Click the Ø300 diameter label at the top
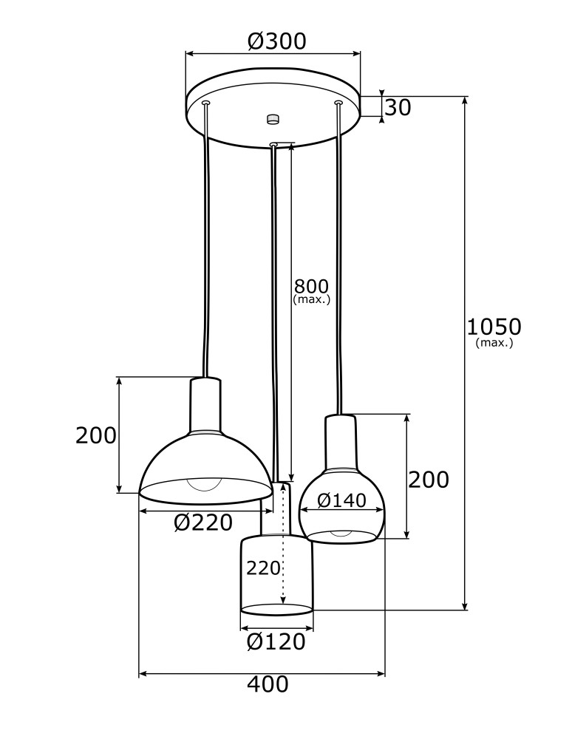click(276, 41)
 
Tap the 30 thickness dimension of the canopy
click(398, 108)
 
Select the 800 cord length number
click(311, 286)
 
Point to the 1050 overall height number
click(494, 326)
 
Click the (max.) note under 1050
click(494, 343)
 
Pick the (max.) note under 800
click(311, 300)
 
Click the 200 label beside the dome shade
click(96, 436)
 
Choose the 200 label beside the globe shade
click(429, 480)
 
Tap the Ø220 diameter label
click(203, 523)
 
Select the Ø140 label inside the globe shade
click(341, 501)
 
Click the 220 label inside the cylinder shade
click(263, 568)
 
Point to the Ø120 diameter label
click(276, 642)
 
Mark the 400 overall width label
click(268, 685)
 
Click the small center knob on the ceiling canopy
click(273, 119)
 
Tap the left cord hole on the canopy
click(206, 103)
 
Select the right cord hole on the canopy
click(338, 102)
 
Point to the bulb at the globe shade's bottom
click(341, 534)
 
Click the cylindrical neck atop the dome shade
click(205, 405)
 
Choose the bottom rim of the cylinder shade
click(277, 610)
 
